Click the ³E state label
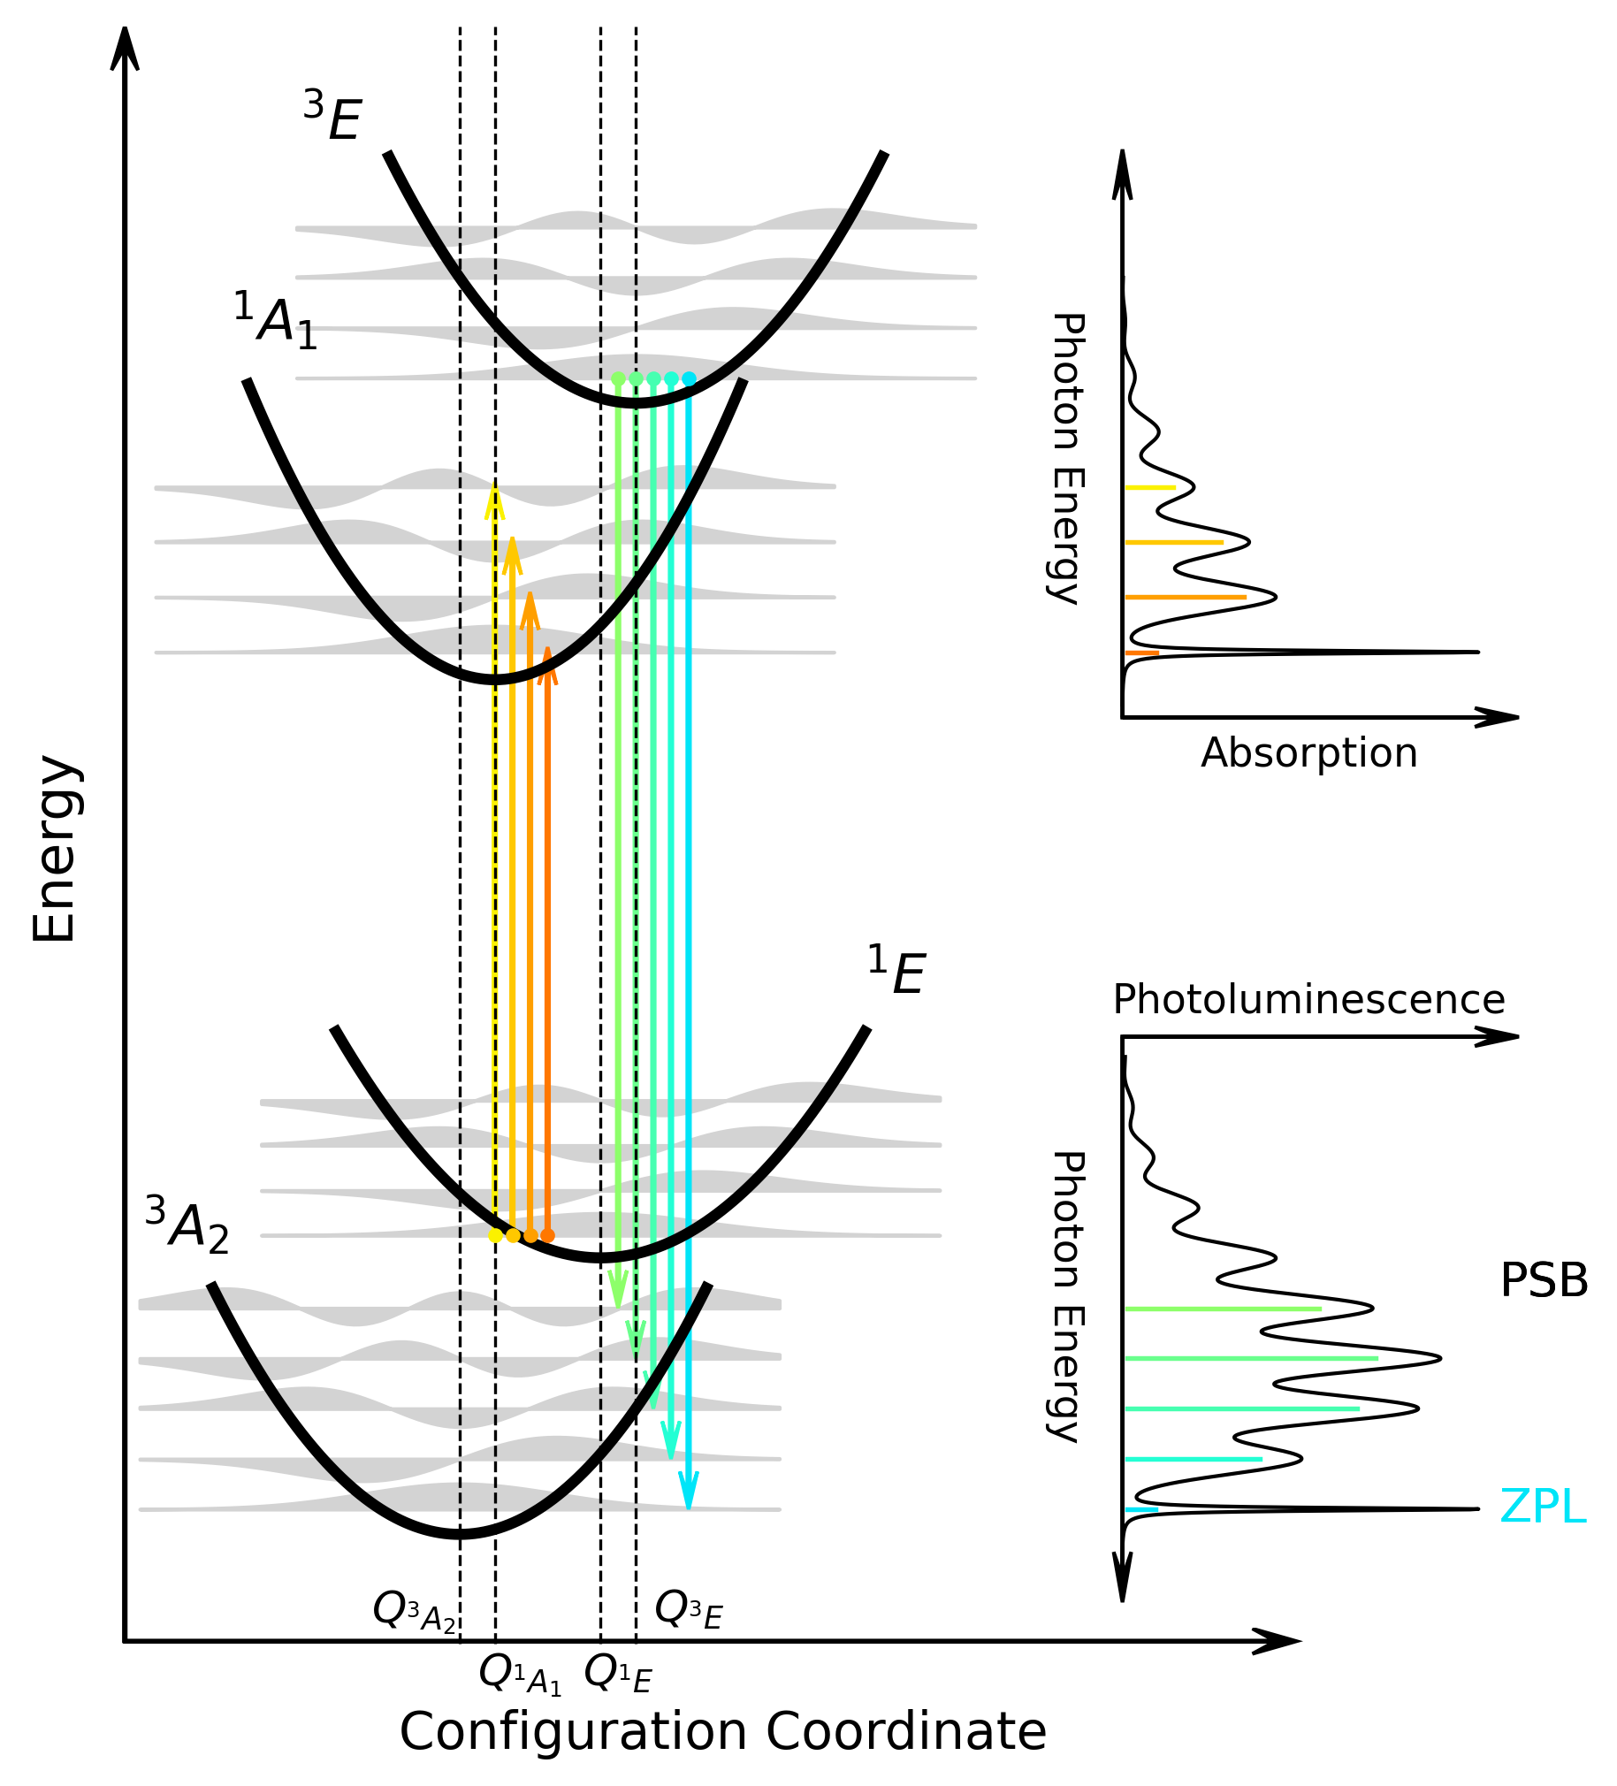coord(333,116)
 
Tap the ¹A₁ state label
coord(275,320)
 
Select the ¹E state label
coord(896,972)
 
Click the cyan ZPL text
coord(1542,1507)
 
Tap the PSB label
coord(1544,1280)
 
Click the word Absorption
coord(1308,753)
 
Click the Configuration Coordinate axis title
coord(722,1731)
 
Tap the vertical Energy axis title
coord(55,849)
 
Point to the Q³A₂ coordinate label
coord(415,1610)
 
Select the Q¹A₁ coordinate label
coord(520,1674)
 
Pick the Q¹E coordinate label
coord(619,1673)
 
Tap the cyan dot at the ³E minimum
coord(690,379)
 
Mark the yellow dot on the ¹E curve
coord(495,1236)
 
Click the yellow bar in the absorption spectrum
coord(1150,487)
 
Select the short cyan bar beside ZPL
coord(1141,1509)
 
